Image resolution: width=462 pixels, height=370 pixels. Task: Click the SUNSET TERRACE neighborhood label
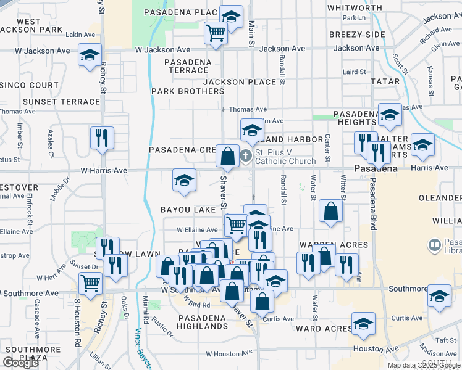coord(61,102)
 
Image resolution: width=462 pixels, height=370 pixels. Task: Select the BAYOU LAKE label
coord(188,210)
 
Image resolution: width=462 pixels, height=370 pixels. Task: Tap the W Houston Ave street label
coord(229,354)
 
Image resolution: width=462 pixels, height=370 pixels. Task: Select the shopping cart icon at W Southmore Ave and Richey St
coord(91,284)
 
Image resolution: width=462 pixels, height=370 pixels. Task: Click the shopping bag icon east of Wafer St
coord(331,211)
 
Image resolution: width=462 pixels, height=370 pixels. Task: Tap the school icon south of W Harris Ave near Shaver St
coord(184,180)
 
